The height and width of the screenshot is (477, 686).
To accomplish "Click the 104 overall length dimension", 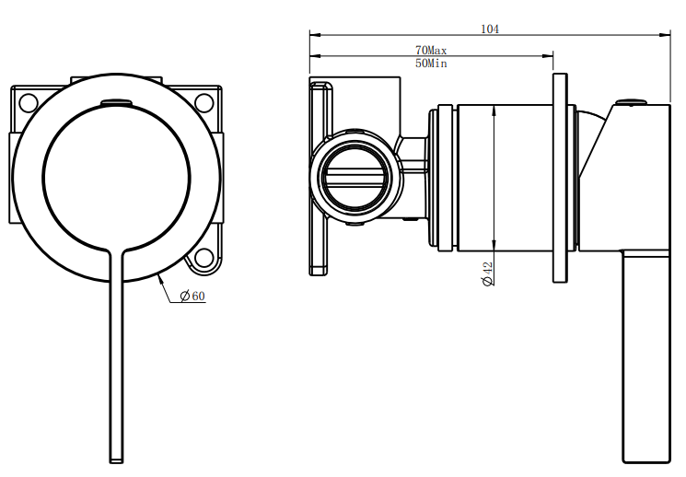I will pyautogui.click(x=490, y=29).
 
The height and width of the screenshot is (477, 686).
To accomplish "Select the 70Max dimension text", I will pyautogui.click(x=431, y=50).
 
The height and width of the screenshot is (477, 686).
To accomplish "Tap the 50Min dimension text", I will pyautogui.click(x=431, y=64).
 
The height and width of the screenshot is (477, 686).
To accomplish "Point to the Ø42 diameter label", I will pyautogui.click(x=487, y=273).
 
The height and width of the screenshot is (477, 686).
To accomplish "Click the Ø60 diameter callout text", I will pyautogui.click(x=192, y=296).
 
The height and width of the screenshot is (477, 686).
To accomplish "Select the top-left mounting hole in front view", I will pyautogui.click(x=27, y=101).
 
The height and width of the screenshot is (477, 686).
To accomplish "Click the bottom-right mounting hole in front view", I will pyautogui.click(x=203, y=257).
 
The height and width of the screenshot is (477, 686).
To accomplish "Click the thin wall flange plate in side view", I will pyautogui.click(x=560, y=177).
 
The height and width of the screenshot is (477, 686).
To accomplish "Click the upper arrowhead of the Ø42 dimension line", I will pyautogui.click(x=495, y=110).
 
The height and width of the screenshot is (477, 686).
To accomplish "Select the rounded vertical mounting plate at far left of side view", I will pyautogui.click(x=320, y=177).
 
